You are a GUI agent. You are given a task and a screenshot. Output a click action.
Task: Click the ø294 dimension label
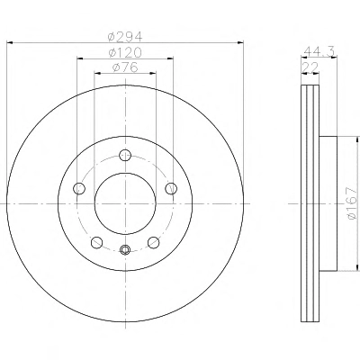pyautogui.click(x=125, y=37)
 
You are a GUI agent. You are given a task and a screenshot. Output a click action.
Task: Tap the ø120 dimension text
pyautogui.click(x=125, y=53)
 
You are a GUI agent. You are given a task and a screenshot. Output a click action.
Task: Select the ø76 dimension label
pyautogui.click(x=125, y=67)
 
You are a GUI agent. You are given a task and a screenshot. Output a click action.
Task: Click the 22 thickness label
pyautogui.click(x=310, y=67)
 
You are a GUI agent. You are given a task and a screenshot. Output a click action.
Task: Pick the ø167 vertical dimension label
pyautogui.click(x=352, y=203)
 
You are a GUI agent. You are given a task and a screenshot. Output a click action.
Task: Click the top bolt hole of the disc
pyautogui.click(x=125, y=156)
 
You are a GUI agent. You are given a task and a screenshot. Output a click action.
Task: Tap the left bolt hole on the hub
pyautogui.click(x=79, y=188)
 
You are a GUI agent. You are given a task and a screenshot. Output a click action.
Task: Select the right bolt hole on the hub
pyautogui.click(x=171, y=188)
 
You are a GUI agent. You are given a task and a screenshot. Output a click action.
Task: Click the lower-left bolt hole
pyautogui.click(x=97, y=242)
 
